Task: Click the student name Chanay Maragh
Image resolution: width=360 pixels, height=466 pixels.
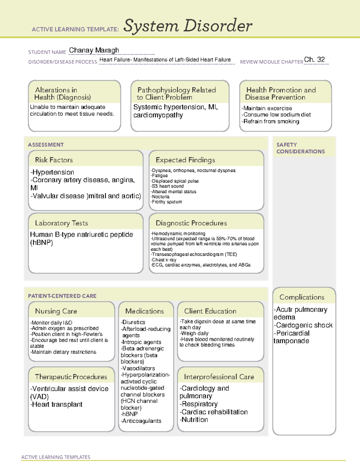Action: [94, 50]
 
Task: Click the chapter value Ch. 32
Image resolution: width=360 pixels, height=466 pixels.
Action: [314, 59]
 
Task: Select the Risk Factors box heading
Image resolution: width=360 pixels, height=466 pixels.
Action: [54, 160]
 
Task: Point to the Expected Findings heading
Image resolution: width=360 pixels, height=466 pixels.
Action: [185, 160]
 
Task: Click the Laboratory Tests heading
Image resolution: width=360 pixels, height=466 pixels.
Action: [61, 223]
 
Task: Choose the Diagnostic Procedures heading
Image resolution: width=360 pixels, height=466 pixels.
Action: [191, 223]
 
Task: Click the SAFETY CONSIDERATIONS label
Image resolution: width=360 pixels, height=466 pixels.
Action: [300, 148]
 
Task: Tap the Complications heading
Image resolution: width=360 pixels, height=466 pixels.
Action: [302, 297]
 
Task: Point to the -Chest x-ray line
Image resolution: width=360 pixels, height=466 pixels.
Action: [163, 260]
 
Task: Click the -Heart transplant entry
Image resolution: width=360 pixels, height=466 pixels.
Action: [56, 404]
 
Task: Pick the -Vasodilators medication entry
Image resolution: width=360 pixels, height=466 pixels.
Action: [138, 368]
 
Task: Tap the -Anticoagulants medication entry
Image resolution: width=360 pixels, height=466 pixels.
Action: [141, 421]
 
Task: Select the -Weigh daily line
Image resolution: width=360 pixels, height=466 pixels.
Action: [194, 333]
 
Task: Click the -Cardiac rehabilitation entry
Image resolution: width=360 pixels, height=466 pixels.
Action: [214, 412]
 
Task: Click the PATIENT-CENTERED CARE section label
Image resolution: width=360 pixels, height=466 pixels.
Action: [62, 296]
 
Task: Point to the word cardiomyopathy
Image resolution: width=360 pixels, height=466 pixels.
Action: [158, 115]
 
